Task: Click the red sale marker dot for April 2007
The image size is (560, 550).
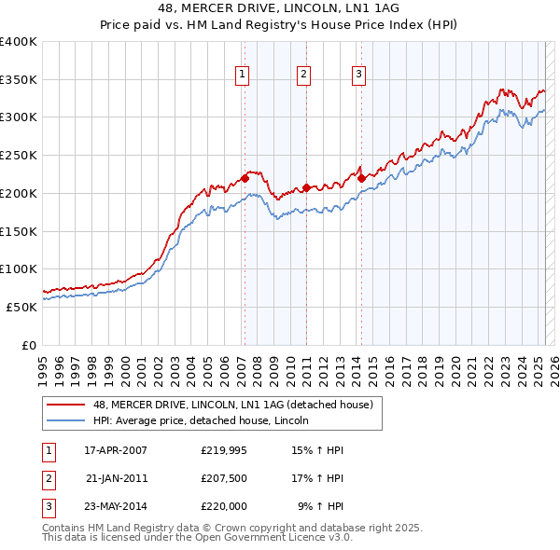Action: point(245,178)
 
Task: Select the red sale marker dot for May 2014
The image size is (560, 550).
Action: point(361,178)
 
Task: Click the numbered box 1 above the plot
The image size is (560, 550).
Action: point(243,76)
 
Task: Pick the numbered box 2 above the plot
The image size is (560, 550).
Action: point(304,76)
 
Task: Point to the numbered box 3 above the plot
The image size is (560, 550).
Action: point(359,76)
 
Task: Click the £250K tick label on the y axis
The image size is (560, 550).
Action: point(19,155)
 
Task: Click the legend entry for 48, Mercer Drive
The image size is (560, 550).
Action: point(232,405)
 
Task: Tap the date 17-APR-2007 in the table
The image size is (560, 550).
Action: point(116,450)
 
